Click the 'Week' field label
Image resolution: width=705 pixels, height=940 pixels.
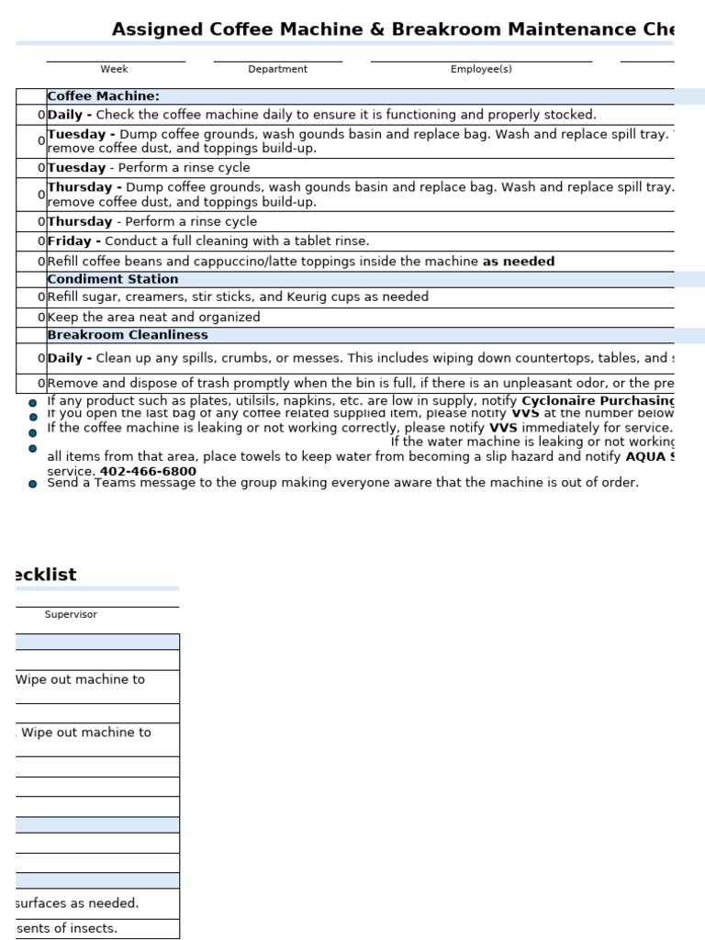click(x=115, y=69)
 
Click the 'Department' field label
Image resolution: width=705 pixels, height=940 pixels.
click(x=277, y=69)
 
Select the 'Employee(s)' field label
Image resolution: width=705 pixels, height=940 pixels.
click(x=481, y=69)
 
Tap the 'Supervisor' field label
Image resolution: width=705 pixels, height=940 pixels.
click(x=71, y=614)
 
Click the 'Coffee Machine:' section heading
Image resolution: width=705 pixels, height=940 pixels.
click(x=103, y=96)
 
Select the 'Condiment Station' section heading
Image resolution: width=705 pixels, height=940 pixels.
click(x=112, y=279)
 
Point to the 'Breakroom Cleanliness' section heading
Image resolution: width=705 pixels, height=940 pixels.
click(x=127, y=335)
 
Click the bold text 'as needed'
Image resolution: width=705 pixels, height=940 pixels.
click(x=519, y=262)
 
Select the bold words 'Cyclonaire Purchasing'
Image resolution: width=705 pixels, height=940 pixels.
click(x=598, y=401)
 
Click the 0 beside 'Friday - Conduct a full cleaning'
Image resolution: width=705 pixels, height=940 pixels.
click(x=41, y=241)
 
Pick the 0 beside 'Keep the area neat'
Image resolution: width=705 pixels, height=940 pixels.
click(x=41, y=318)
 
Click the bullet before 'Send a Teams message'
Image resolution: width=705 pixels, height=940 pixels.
click(x=33, y=484)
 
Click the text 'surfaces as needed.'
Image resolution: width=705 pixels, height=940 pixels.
click(x=77, y=903)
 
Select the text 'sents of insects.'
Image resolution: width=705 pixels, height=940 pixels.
click(x=67, y=928)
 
